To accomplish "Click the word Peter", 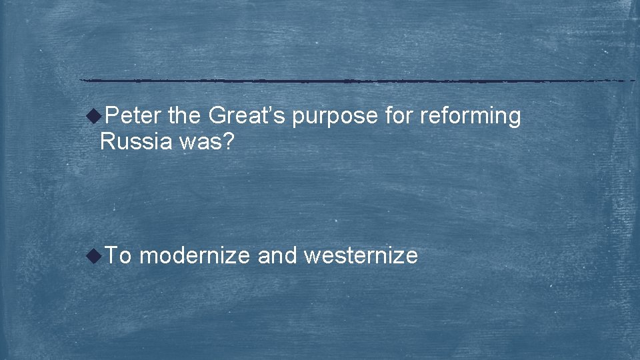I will pos(133,116).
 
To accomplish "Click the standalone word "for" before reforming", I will pos(399,116).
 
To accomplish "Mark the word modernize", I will pos(195,255).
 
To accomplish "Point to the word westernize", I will pos(361,255).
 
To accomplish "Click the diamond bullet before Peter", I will pos(96,117).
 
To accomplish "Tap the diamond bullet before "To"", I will pos(96,255).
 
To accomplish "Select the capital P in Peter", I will pos(111,116).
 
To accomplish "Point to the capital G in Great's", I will pos(217,116).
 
